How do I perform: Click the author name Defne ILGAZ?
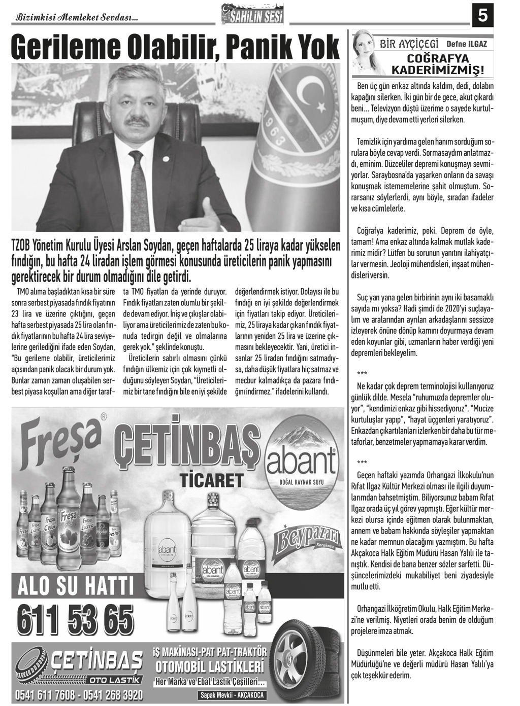click(467, 44)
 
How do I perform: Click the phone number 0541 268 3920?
click(109, 695)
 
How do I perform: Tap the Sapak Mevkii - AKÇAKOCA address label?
click(232, 695)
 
